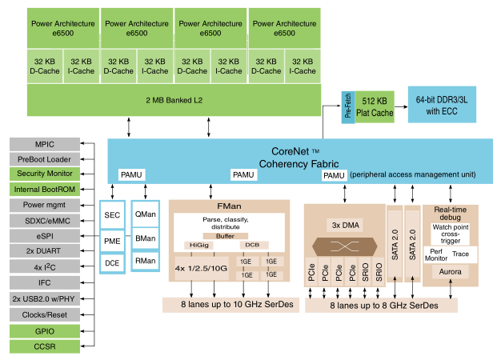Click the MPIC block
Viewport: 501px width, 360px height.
click(x=45, y=143)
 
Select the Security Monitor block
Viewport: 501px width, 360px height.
click(x=45, y=174)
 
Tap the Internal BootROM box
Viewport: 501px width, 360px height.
click(x=45, y=190)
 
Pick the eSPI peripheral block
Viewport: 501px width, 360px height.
click(x=45, y=236)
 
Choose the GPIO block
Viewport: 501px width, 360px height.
click(x=45, y=330)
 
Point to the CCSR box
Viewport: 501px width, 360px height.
click(x=45, y=346)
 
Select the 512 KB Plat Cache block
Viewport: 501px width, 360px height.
click(x=375, y=106)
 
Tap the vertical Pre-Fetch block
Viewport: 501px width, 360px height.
click(x=348, y=106)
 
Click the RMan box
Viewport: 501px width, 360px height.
click(x=146, y=260)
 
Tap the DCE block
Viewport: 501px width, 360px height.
click(x=112, y=261)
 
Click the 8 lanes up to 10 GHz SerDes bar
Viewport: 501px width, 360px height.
click(x=229, y=304)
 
